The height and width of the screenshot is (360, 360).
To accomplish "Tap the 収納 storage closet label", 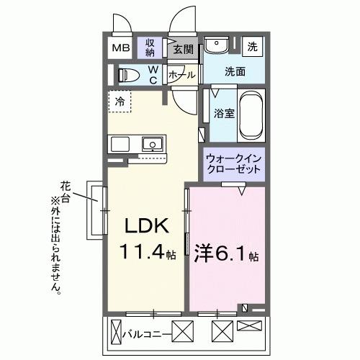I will coord(150,48).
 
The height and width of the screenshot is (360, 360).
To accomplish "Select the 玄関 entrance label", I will coord(184,50).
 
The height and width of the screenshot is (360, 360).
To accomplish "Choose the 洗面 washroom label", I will coord(233,71).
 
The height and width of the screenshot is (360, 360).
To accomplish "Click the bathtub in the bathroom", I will coord(252,115).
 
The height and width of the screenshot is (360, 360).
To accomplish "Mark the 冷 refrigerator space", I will coord(120,102).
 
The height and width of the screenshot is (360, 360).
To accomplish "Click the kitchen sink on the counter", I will coord(153,144).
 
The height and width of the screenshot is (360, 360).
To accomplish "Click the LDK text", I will coord(148,226).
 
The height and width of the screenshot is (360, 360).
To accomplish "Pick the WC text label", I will coord(153,75).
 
